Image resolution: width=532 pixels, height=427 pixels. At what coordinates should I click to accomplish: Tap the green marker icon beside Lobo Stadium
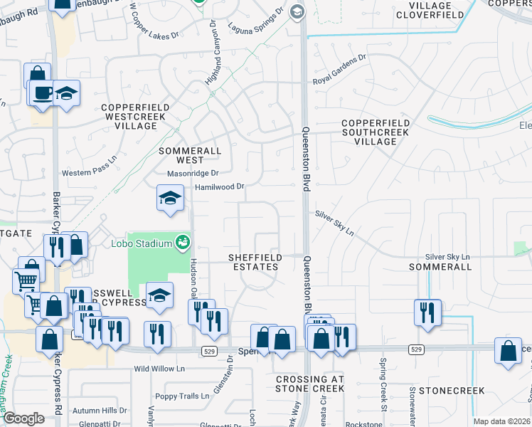(x=183, y=243)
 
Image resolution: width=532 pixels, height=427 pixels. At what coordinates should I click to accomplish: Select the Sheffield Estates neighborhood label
(x=253, y=262)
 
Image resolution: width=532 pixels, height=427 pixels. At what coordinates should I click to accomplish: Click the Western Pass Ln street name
(x=89, y=173)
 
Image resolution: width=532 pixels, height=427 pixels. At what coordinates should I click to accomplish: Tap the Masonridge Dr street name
(x=192, y=173)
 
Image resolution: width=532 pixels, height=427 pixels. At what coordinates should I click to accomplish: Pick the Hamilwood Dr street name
(x=220, y=186)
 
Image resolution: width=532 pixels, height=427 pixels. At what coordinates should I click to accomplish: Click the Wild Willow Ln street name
(x=159, y=369)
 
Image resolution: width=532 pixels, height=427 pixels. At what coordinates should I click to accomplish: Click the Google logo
(x=23, y=418)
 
